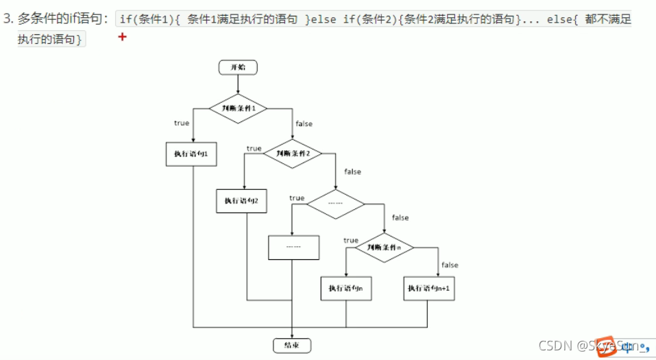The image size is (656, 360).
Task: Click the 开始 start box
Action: click(x=238, y=67)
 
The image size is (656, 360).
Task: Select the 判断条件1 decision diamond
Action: click(x=238, y=108)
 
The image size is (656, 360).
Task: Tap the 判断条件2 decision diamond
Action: click(x=293, y=154)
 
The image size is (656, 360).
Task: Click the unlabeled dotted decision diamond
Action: click(x=335, y=204)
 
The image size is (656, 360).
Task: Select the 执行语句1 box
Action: click(x=191, y=154)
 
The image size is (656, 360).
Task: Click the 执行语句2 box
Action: click(x=241, y=201)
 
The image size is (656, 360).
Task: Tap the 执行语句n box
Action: click(x=345, y=289)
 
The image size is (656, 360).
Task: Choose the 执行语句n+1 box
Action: click(x=428, y=289)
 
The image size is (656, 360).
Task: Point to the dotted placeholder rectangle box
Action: click(x=293, y=247)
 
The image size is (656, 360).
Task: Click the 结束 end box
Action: click(x=292, y=344)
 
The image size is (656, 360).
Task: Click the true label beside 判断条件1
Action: click(x=182, y=123)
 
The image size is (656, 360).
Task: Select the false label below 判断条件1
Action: click(x=304, y=124)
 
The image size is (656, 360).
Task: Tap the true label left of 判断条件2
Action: click(x=254, y=149)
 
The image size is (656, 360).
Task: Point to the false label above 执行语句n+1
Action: click(x=450, y=265)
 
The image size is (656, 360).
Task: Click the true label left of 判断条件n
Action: click(x=351, y=241)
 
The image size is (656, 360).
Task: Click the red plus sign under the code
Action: click(x=123, y=36)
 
